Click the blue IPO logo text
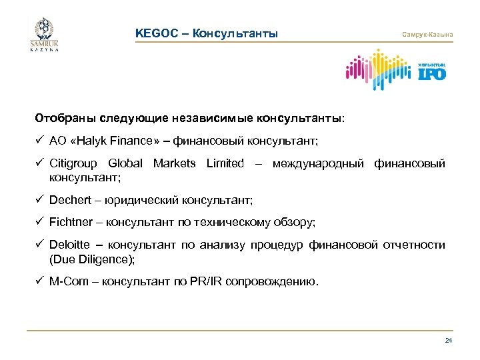(432, 73)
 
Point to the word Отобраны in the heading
(61, 118)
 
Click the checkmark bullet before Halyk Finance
(39, 141)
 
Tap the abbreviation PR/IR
(207, 281)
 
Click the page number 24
(448, 341)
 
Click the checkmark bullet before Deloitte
(39, 245)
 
